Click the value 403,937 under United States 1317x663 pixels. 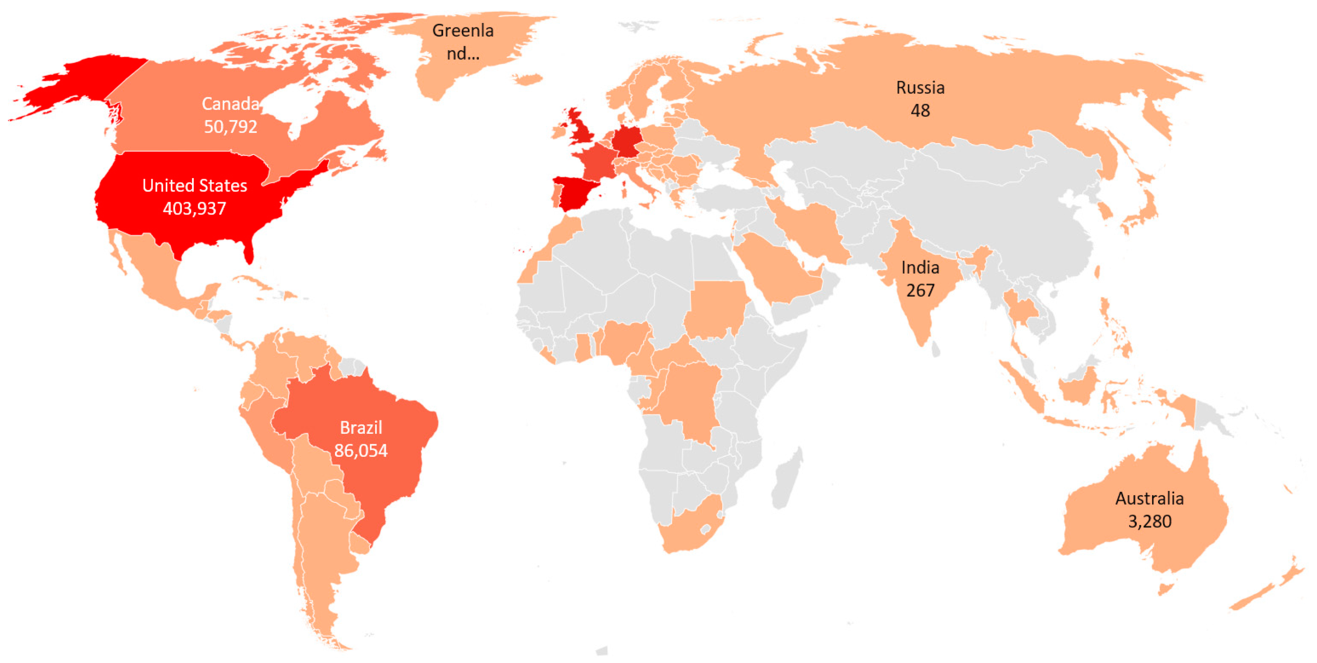pos(194,209)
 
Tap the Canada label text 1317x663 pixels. pos(231,104)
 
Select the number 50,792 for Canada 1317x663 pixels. pos(231,127)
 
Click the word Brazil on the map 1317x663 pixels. pos(361,427)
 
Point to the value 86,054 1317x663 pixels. pos(361,450)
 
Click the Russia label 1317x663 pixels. pos(920,87)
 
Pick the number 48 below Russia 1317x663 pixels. pos(920,110)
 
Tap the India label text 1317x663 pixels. pos(920,267)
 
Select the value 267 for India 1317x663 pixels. pos(920,290)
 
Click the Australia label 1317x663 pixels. pos(1149,498)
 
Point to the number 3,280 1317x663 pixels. pos(1149,521)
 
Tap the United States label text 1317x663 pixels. pos(194,186)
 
